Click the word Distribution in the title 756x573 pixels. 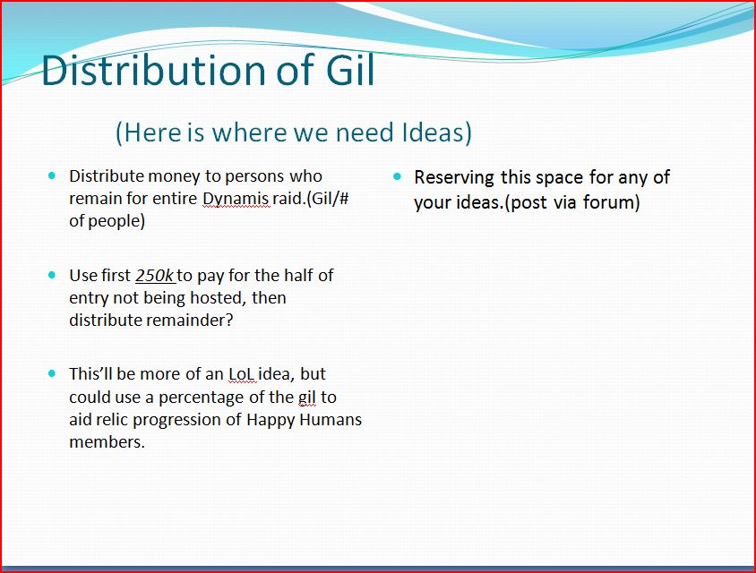[x=154, y=70]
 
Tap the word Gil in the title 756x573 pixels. [x=350, y=70]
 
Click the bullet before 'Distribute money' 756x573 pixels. [x=52, y=175]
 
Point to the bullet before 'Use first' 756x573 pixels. [x=52, y=275]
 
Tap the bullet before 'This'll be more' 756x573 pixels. [x=52, y=373]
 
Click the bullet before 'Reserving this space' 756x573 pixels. [x=398, y=176]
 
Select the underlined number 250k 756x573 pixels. [x=155, y=275]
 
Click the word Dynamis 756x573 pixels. [x=236, y=199]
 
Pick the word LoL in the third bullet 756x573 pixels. [x=242, y=374]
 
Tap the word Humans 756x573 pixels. [x=331, y=419]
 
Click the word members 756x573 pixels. [x=107, y=441]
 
